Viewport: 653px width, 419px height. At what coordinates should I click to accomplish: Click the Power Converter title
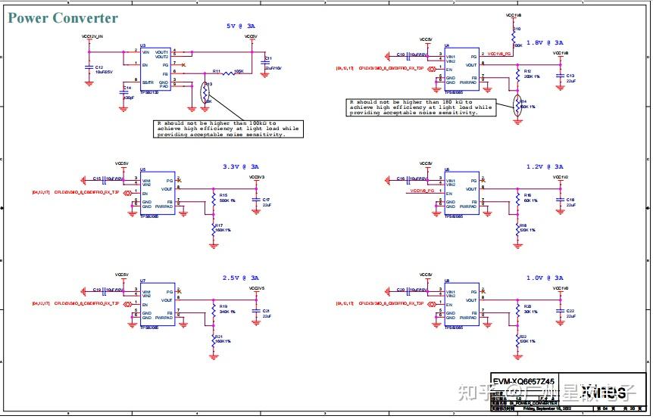point(63,18)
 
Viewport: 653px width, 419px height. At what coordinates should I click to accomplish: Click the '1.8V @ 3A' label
point(545,43)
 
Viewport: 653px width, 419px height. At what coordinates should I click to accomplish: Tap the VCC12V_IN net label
point(92,36)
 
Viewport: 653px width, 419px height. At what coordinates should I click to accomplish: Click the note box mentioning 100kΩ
point(228,129)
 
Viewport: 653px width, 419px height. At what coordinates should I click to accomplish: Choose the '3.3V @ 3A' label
point(240,166)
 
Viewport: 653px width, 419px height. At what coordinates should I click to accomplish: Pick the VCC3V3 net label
point(257,178)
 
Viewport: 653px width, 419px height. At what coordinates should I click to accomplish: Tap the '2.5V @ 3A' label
point(240,278)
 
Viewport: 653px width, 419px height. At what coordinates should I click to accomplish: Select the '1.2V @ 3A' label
point(545,166)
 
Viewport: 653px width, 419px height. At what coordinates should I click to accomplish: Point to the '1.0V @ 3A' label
point(545,278)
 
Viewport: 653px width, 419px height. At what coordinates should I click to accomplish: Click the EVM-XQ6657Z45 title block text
point(523,382)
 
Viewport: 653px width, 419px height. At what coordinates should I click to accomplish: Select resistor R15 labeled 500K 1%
point(214,199)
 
